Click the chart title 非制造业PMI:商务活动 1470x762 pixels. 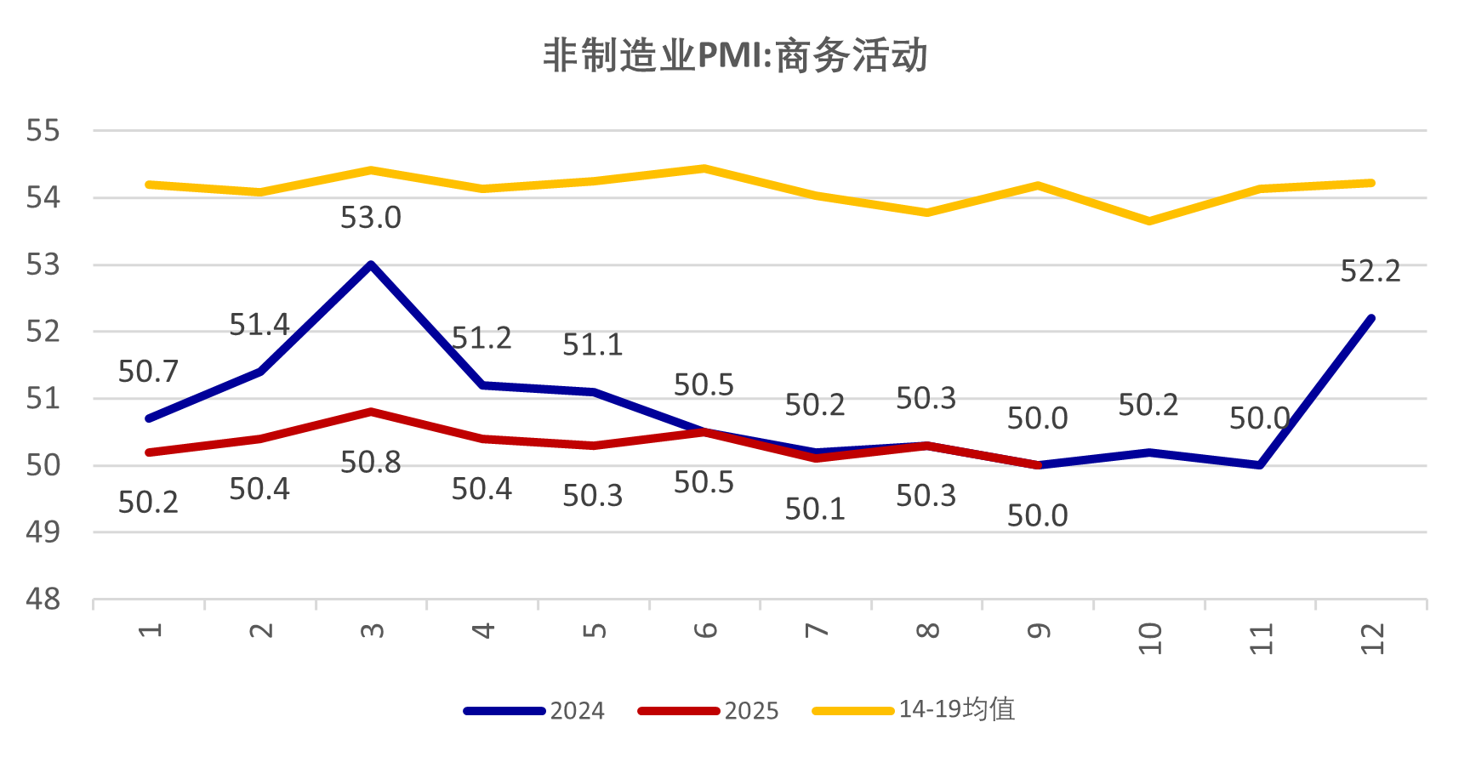(x=735, y=56)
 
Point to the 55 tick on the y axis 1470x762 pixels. (x=43, y=131)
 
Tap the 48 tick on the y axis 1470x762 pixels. (x=43, y=600)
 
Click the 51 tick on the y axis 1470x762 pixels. (x=43, y=399)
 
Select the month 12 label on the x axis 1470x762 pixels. (x=1371, y=639)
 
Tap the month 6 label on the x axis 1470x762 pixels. (x=705, y=631)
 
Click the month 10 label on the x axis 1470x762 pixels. (x=1149, y=639)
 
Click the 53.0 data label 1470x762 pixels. (x=371, y=219)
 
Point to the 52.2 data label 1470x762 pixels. (x=1370, y=272)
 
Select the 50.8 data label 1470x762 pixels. (x=371, y=463)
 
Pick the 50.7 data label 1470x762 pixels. (x=149, y=372)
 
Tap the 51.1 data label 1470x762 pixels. (x=593, y=345)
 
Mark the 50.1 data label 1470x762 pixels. (x=815, y=509)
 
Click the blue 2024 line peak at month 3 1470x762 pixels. (x=372, y=264)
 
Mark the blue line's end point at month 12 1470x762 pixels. (x=1370, y=319)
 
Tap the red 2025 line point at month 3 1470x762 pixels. (x=372, y=412)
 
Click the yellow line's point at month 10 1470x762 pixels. (x=1149, y=221)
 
